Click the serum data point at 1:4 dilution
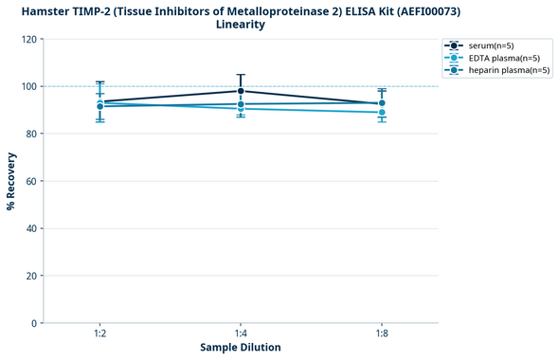coord(241,91)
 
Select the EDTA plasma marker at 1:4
coord(241,109)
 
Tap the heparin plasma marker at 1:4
coord(241,104)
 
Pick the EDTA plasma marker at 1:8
coord(382,113)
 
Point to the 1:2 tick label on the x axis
coord(99,334)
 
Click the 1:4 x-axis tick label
coord(241,334)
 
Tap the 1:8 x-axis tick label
coord(382,334)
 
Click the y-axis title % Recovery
coord(11,181)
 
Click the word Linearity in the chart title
coord(241,25)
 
